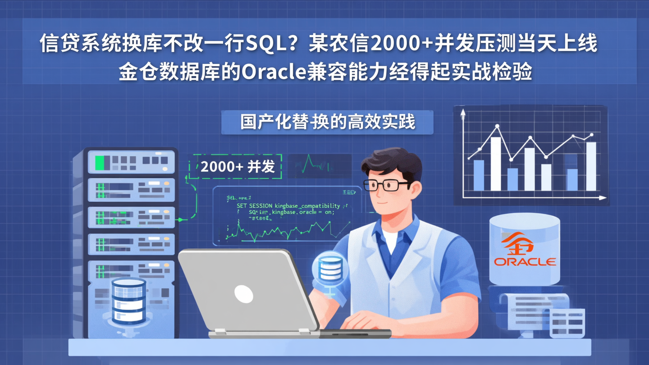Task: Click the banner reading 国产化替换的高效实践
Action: pos(327,122)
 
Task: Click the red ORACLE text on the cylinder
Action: pos(525,261)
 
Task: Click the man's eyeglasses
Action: pos(387,185)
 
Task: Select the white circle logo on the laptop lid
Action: pos(244,293)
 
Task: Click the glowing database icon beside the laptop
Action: pos(330,269)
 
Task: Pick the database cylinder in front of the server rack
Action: pos(128,300)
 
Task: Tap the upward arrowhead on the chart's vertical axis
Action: pos(462,114)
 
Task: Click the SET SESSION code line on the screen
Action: pos(288,205)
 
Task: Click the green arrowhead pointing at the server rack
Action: pos(181,219)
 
